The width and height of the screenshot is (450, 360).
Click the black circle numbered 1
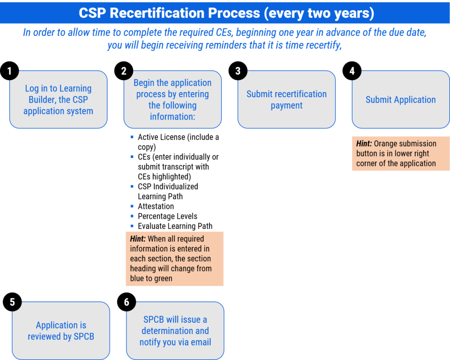pyautogui.click(x=10, y=71)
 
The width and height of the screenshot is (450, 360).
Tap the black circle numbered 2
pyautogui.click(x=123, y=71)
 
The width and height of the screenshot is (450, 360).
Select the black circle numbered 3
pyautogui.click(x=238, y=71)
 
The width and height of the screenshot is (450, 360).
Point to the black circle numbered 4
pyautogui.click(x=352, y=71)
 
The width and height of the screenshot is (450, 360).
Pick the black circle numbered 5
pyautogui.click(x=12, y=302)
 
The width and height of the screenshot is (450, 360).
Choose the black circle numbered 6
pyautogui.click(x=127, y=302)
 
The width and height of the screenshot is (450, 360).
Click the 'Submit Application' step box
pyautogui.click(x=401, y=100)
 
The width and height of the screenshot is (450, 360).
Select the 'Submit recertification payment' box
pyautogui.click(x=287, y=100)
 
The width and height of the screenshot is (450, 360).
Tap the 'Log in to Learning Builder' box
pyautogui.click(x=58, y=100)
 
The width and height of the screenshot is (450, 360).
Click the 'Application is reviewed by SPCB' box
pyautogui.click(x=61, y=331)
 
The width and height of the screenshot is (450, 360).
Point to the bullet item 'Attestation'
pyautogui.click(x=156, y=206)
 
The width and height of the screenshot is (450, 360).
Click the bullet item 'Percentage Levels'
pyautogui.click(x=167, y=216)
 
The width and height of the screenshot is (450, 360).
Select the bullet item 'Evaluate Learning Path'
pyautogui.click(x=175, y=226)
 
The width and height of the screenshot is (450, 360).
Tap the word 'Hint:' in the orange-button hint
pyautogui.click(x=364, y=144)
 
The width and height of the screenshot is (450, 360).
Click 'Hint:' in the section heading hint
pyautogui.click(x=138, y=239)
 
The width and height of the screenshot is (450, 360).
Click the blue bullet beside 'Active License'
pyautogui.click(x=132, y=137)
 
